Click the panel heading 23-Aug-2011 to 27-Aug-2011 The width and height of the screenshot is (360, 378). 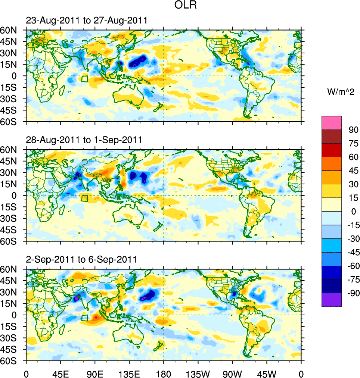(x=86, y=21)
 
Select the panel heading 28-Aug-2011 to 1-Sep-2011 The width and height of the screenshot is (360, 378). (x=84, y=140)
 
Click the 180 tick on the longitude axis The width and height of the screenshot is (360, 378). (x=164, y=373)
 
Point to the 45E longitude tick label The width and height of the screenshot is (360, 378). (x=60, y=373)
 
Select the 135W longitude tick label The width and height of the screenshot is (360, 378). (x=198, y=373)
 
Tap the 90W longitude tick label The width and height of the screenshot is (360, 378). (x=232, y=373)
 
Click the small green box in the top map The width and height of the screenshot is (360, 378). (x=84, y=79)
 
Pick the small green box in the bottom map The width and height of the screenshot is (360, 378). (x=84, y=318)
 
